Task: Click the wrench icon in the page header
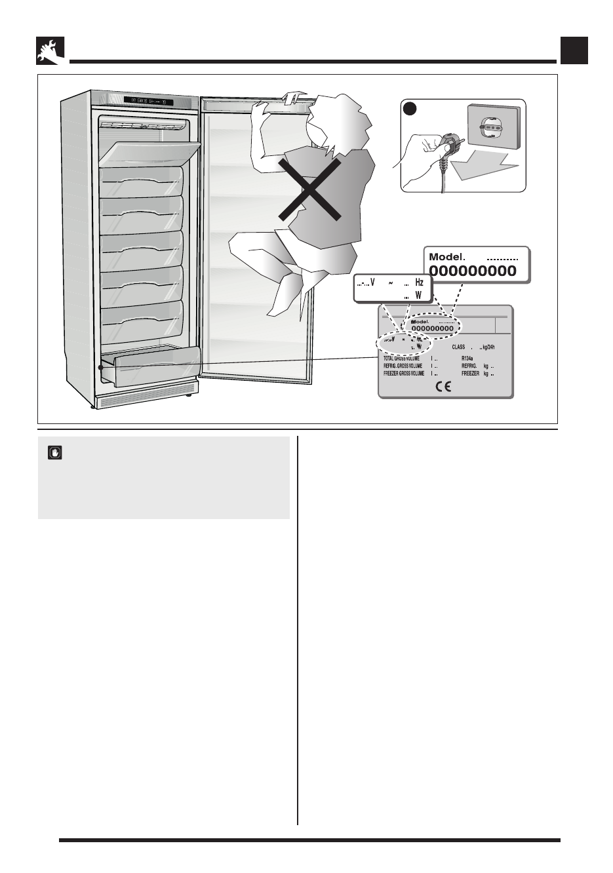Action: pos(50,51)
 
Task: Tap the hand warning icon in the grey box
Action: pos(55,452)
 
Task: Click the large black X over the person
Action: pos(309,189)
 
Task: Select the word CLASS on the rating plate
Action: pos(458,347)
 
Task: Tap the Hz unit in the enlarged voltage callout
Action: pos(420,283)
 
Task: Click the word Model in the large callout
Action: pos(446,257)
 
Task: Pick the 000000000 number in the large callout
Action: pos(473,271)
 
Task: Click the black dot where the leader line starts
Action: pos(101,368)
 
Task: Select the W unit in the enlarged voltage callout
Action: pos(418,295)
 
